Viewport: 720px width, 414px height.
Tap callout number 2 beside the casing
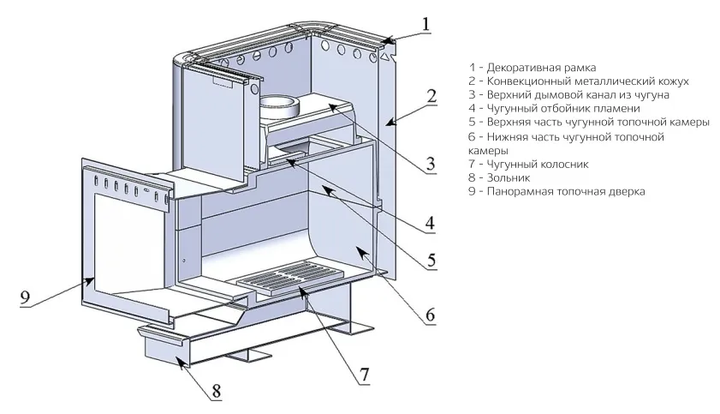coord(431,95)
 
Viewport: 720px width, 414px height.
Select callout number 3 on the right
coord(431,163)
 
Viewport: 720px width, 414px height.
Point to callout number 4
coord(431,224)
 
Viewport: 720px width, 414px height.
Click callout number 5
coord(431,258)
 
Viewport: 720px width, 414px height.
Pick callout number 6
coord(429,315)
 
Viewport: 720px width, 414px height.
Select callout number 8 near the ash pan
coord(216,391)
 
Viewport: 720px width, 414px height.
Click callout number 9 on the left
coord(25,297)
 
